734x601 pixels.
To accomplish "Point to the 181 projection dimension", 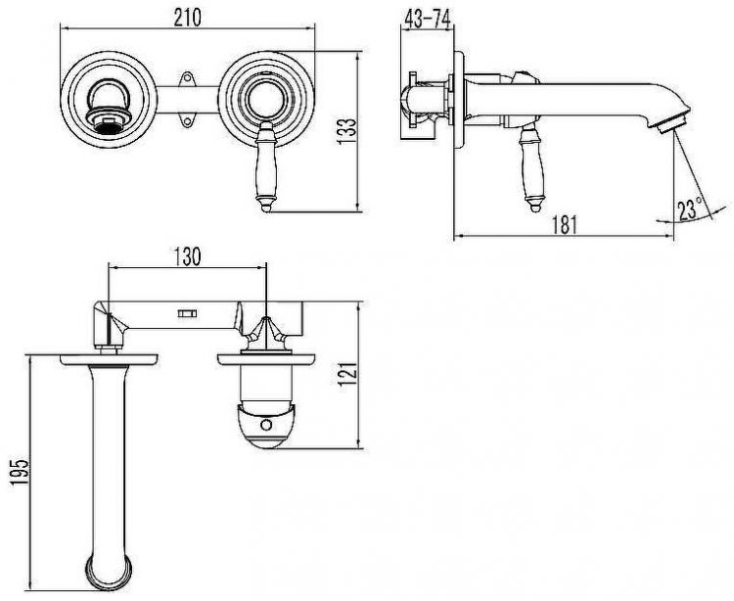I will point(563,223).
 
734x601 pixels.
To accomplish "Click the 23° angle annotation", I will point(691,207).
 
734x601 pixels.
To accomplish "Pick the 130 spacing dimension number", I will point(187,256).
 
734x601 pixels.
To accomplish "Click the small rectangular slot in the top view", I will point(187,313).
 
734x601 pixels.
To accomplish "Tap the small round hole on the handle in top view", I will point(267,424).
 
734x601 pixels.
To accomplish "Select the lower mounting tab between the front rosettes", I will point(185,121).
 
